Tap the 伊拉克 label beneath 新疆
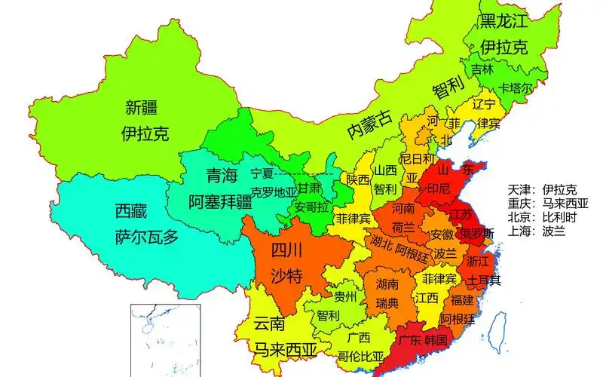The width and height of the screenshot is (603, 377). [x=145, y=134]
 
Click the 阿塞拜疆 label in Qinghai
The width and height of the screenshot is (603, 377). [x=220, y=201]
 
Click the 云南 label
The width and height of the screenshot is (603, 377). [x=269, y=324]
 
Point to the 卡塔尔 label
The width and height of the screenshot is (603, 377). [x=516, y=88]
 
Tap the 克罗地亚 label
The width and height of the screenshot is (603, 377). [x=274, y=192]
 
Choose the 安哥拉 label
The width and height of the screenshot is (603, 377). [x=311, y=206]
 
